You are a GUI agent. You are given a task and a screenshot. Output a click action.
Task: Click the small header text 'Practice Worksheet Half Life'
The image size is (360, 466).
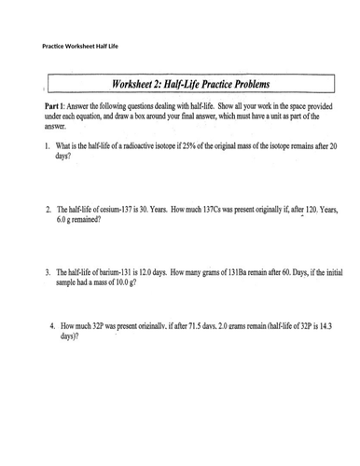pos(81,46)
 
